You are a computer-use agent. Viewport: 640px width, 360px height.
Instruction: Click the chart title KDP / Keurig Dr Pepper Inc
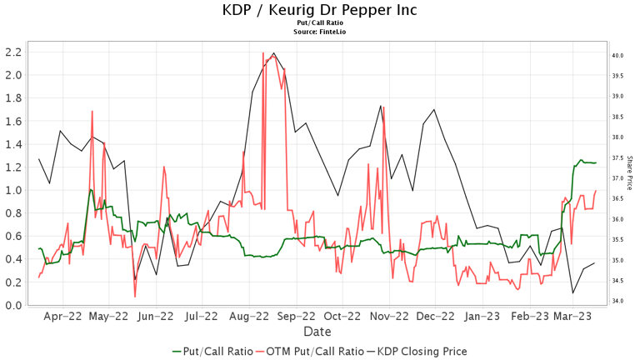(x=320, y=10)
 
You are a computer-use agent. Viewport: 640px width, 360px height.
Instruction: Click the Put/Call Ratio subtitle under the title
(x=320, y=24)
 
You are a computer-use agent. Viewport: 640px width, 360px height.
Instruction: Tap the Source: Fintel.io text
(x=320, y=32)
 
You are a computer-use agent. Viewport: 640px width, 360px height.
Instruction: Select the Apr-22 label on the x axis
(x=62, y=317)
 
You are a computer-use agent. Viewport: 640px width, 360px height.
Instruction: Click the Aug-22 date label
(x=249, y=317)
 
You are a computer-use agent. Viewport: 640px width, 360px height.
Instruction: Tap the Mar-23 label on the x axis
(x=573, y=317)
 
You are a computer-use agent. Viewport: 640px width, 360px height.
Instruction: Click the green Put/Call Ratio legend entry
(x=212, y=352)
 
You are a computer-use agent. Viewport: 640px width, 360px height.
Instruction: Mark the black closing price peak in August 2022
(x=274, y=53)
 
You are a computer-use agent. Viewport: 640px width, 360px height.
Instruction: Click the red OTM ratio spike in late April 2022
(x=92, y=111)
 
